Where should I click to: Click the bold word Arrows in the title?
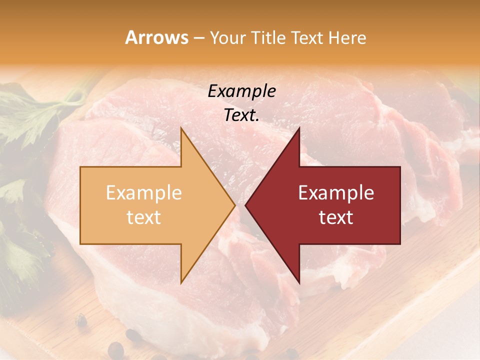click(x=156, y=37)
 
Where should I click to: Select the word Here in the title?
click(x=346, y=37)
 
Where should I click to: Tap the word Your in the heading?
click(x=227, y=37)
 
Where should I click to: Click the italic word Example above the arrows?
click(x=241, y=91)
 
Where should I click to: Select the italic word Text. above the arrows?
click(x=241, y=115)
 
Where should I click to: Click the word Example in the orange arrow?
click(x=143, y=192)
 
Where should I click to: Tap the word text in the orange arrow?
click(x=143, y=217)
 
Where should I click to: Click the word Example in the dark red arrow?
click(x=336, y=192)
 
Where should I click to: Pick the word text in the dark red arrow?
click(x=336, y=217)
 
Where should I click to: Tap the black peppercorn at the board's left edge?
click(x=80, y=320)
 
